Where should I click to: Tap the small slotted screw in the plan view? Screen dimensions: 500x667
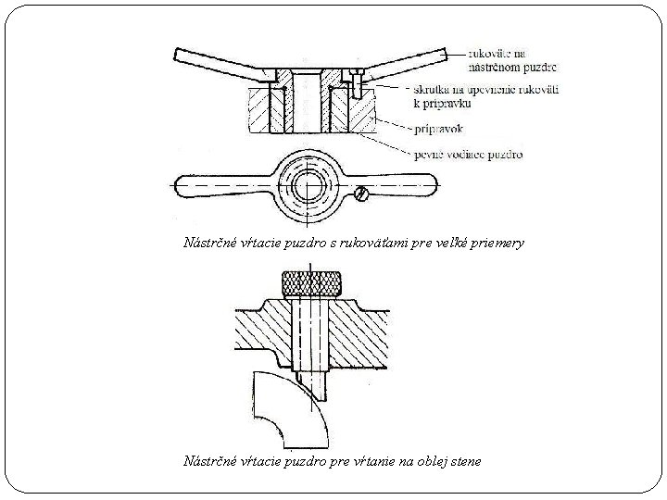point(361,194)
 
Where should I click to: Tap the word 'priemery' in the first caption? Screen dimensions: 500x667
point(499,244)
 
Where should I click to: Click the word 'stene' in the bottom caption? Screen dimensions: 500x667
point(464,461)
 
